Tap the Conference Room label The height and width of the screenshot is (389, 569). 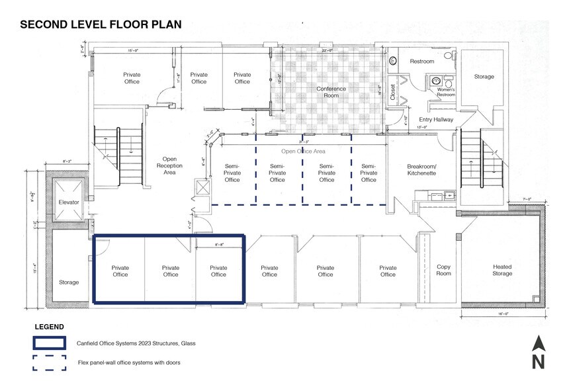[x=331, y=92]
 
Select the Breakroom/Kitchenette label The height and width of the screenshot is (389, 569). [x=421, y=170]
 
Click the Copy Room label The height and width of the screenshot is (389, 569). [x=443, y=270]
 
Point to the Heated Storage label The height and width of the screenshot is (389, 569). [x=502, y=270]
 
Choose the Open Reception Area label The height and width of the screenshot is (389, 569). [x=169, y=166]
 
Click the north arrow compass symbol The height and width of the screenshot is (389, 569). [x=539, y=351]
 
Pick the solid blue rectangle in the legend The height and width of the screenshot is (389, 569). [x=50, y=343]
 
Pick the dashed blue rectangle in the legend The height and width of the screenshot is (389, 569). [x=50, y=363]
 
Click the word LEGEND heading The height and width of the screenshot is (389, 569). [x=49, y=327]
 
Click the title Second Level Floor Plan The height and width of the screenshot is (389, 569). [x=101, y=24]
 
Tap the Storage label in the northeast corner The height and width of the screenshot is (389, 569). [x=484, y=77]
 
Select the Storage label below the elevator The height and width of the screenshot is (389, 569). [x=68, y=282]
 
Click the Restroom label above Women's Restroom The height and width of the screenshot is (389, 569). [x=421, y=62]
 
